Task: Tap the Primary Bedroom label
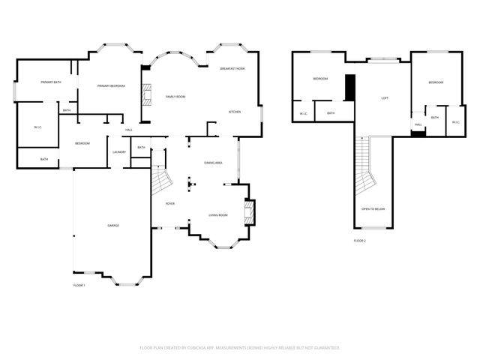pos(111,86)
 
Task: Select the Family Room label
pos(175,97)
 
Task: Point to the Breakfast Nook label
pos(232,68)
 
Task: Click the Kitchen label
pos(235,112)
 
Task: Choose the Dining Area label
pos(213,163)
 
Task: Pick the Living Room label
pos(218,215)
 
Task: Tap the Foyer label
pos(170,203)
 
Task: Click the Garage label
pos(113,225)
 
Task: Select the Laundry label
pos(119,152)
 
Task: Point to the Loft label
pos(385,97)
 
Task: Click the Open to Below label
pos(373,208)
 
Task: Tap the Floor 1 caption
pos(79,286)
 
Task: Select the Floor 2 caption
pos(360,241)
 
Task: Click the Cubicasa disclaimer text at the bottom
pos(240,347)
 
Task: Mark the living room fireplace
pos(250,211)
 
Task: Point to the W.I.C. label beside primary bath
pos(37,127)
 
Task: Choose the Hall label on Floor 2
pos(418,124)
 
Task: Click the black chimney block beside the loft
pos(349,87)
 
